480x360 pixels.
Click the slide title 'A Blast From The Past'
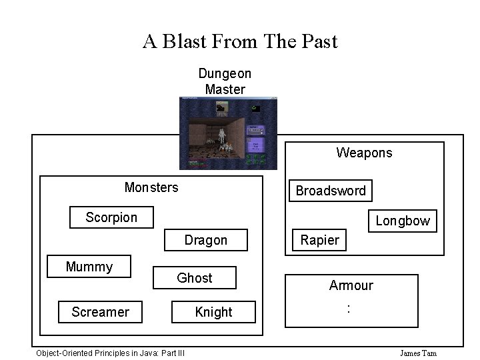240,41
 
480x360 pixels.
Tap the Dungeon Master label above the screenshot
225,81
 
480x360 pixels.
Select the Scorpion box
112,217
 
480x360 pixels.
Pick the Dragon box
206,240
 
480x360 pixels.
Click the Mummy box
89,267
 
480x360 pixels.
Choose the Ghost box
195,278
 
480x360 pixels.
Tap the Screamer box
101,311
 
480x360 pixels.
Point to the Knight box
214,311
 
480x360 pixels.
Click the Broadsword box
331,191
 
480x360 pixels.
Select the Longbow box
403,221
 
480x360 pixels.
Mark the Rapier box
320,240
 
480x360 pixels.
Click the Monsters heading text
151,187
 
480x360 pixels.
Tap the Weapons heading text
364,153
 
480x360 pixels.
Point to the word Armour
351,285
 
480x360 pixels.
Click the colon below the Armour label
348,308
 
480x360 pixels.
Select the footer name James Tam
418,353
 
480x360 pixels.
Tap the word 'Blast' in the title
183,41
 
